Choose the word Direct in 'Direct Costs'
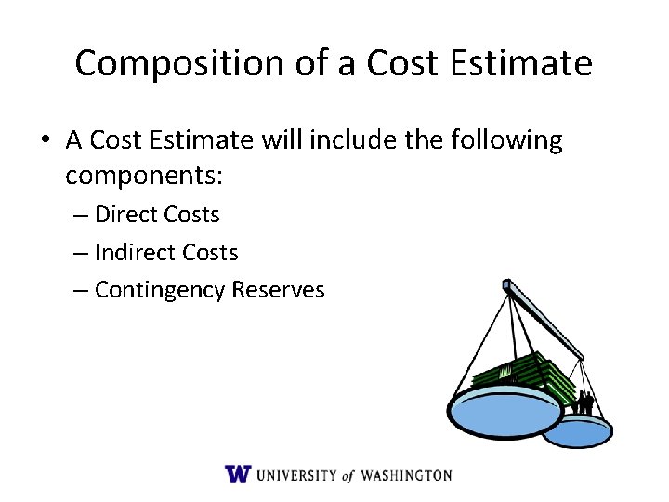click(x=126, y=215)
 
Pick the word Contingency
click(x=160, y=291)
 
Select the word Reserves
click(x=279, y=290)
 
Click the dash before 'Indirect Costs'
click(x=81, y=253)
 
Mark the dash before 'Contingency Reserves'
click(x=81, y=291)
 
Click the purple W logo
click(x=238, y=474)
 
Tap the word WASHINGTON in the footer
click(x=405, y=475)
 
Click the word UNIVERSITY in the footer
click(x=297, y=475)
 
